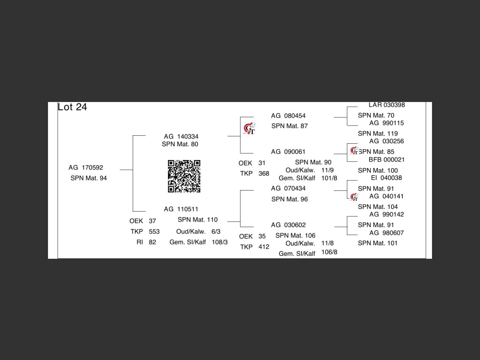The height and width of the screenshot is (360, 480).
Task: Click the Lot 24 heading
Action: coord(72,107)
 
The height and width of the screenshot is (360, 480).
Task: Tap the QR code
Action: coord(184,176)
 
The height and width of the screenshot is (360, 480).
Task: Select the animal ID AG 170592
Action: coord(85,168)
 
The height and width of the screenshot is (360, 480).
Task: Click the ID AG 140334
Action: coord(181,136)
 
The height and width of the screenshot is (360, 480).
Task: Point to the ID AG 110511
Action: coord(181,209)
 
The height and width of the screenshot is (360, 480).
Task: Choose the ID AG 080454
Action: coord(288,116)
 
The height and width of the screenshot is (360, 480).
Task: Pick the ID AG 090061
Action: coord(288,152)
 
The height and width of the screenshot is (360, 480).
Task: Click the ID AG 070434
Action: coord(288,188)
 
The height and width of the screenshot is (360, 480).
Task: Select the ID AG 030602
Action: coord(288,225)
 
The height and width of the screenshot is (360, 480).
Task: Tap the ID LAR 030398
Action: coord(387,105)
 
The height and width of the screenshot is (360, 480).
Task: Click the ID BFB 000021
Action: coord(387,160)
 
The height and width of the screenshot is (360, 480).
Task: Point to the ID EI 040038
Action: coord(386,178)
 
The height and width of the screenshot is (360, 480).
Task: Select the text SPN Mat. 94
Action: coord(88,178)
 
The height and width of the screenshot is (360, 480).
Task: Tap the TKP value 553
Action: coord(154,232)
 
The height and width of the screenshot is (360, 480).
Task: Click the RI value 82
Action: coord(152,242)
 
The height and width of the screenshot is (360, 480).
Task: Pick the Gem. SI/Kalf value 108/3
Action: coord(220,242)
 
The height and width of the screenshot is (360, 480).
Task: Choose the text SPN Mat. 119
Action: coord(378,133)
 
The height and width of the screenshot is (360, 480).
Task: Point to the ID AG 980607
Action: coord(387,233)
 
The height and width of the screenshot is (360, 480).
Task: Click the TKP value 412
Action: coord(264,247)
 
